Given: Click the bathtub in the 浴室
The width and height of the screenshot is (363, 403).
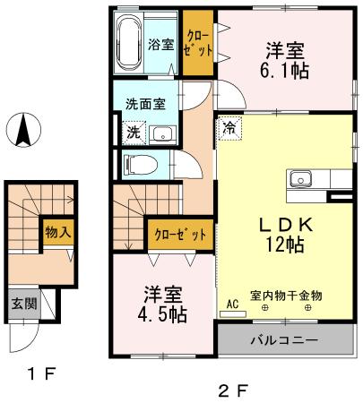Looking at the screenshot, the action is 129,42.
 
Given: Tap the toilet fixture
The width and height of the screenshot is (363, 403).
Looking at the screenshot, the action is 141,165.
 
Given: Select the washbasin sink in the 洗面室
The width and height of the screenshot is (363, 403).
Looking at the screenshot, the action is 162,134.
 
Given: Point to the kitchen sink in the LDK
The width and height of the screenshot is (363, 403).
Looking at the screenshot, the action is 300,179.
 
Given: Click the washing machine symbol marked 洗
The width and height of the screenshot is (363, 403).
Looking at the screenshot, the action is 134,133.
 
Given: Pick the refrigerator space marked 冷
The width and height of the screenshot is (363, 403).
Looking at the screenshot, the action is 229,128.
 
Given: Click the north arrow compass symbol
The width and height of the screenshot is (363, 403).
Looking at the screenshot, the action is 23,130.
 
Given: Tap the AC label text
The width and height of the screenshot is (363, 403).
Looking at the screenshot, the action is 232,304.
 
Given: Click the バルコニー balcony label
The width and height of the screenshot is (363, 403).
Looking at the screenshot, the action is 284,340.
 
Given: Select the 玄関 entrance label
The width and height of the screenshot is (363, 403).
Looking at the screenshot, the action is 24,304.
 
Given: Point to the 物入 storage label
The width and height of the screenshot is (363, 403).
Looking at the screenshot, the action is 58,232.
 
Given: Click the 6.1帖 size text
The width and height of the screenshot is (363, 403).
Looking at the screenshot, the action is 284,71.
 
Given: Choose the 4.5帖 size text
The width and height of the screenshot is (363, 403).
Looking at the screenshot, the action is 162,314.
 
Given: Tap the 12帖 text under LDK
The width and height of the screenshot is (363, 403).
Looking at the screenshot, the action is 285,245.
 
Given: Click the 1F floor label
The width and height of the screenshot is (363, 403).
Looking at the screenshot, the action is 41,373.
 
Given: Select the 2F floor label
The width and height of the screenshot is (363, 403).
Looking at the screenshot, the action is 233,390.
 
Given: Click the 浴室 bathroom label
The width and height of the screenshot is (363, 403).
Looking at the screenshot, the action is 161,45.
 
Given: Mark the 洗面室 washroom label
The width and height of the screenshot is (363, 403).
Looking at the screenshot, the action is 145,104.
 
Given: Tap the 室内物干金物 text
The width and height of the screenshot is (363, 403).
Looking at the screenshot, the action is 286,296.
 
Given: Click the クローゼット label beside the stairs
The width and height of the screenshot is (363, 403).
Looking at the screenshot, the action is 180,235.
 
